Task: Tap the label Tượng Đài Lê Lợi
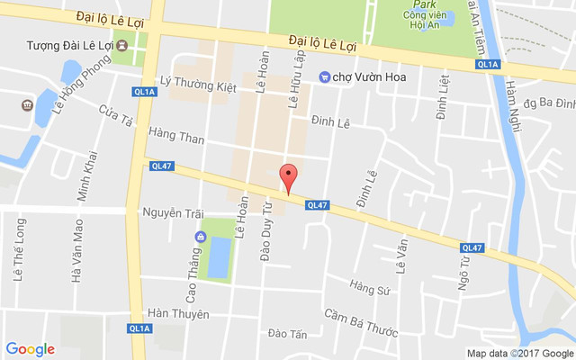68,45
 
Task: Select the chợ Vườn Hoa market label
370,77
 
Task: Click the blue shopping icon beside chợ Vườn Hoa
324,77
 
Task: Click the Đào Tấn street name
287,334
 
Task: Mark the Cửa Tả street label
116,115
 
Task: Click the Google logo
31,349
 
